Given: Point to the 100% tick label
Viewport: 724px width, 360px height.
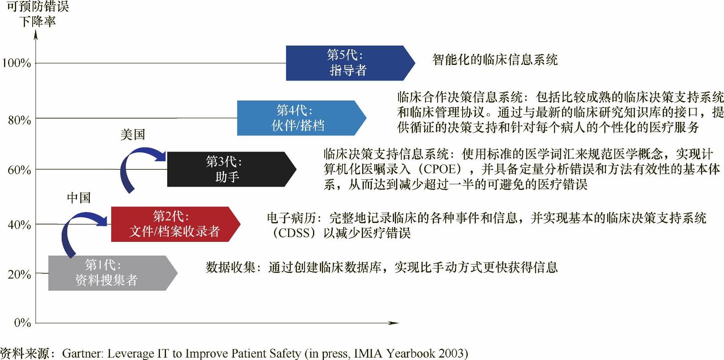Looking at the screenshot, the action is tap(16, 63).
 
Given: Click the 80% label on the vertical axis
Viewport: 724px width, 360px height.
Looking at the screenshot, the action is tap(19, 120).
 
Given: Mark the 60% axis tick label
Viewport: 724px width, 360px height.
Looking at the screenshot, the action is tap(19, 170).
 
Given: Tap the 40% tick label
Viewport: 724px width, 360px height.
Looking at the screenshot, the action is tap(19, 225).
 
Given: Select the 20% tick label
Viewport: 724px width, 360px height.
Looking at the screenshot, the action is tap(19, 275).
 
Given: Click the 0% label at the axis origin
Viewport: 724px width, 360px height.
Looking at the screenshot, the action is tap(23, 323).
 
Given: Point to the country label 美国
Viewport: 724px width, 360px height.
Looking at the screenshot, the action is tap(133, 134).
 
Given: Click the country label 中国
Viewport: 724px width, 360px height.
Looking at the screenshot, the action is tap(79, 198).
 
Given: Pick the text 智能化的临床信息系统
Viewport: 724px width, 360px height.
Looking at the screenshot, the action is tap(495, 60).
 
